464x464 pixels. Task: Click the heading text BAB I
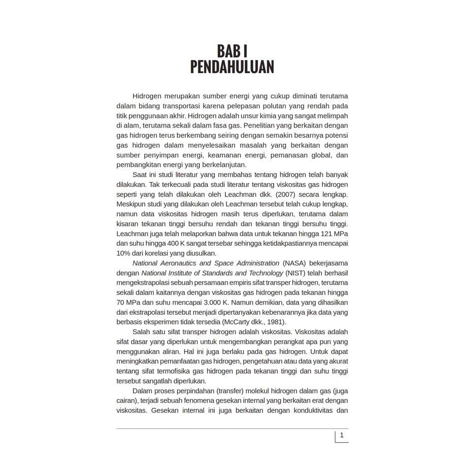click(x=232, y=51)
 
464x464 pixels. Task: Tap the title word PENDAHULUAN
click(x=232, y=68)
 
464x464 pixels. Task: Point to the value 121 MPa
click(x=334, y=234)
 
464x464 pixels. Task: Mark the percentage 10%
click(x=124, y=253)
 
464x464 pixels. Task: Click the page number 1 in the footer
click(x=342, y=435)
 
